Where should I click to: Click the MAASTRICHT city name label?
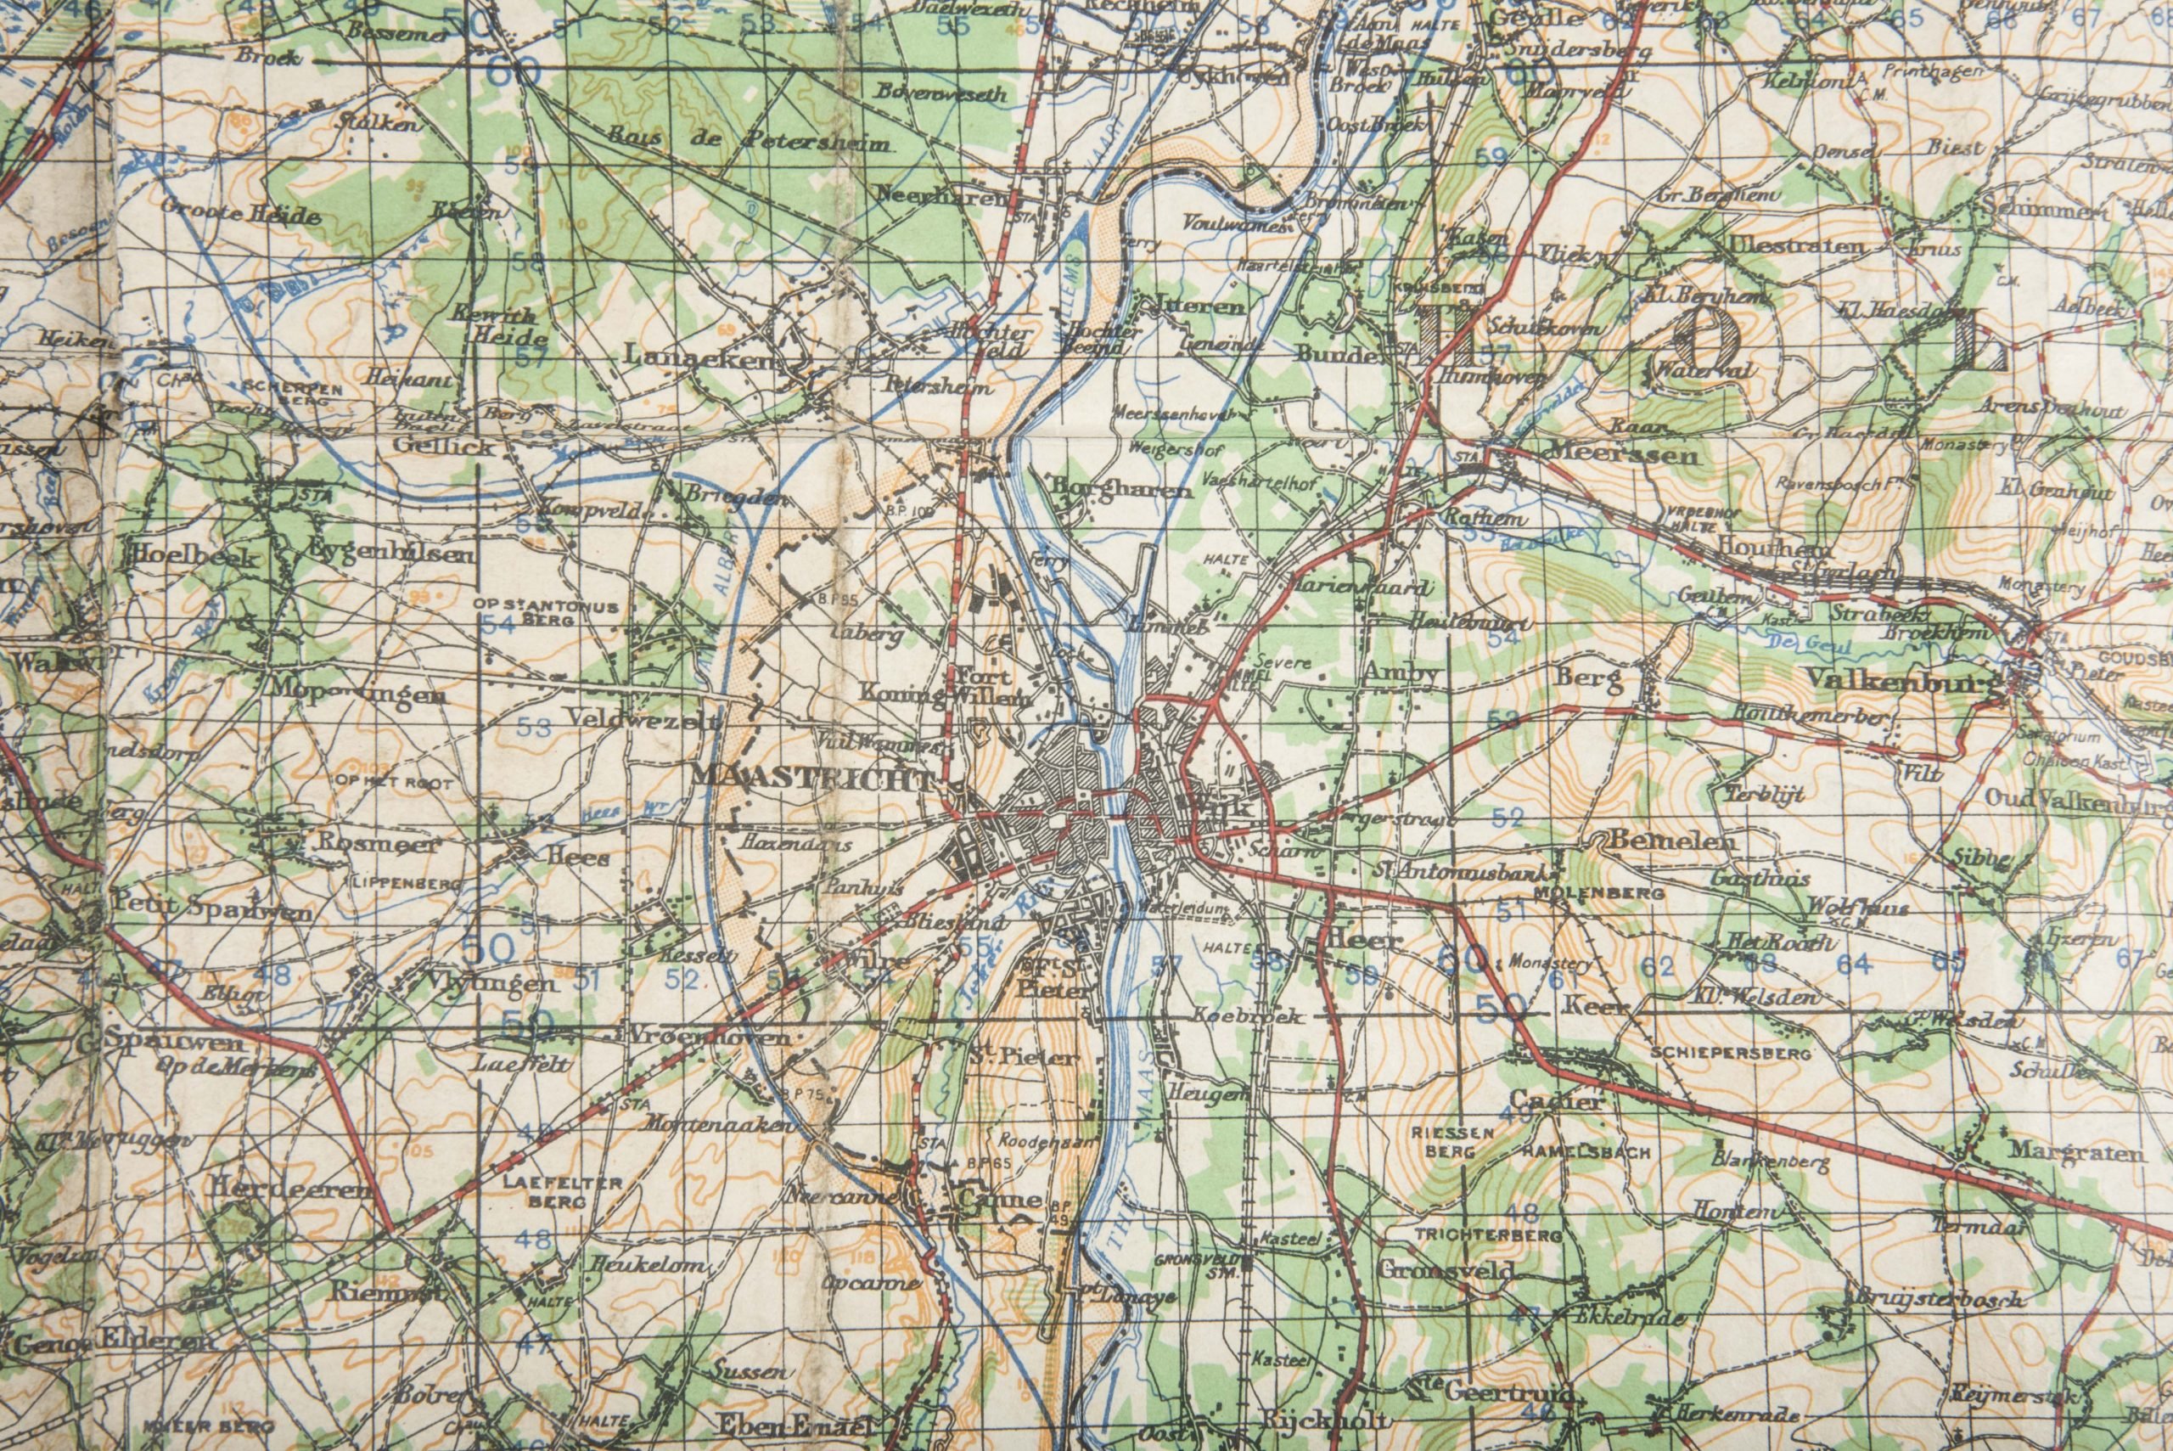click(812, 779)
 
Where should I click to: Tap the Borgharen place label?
click(1120, 487)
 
